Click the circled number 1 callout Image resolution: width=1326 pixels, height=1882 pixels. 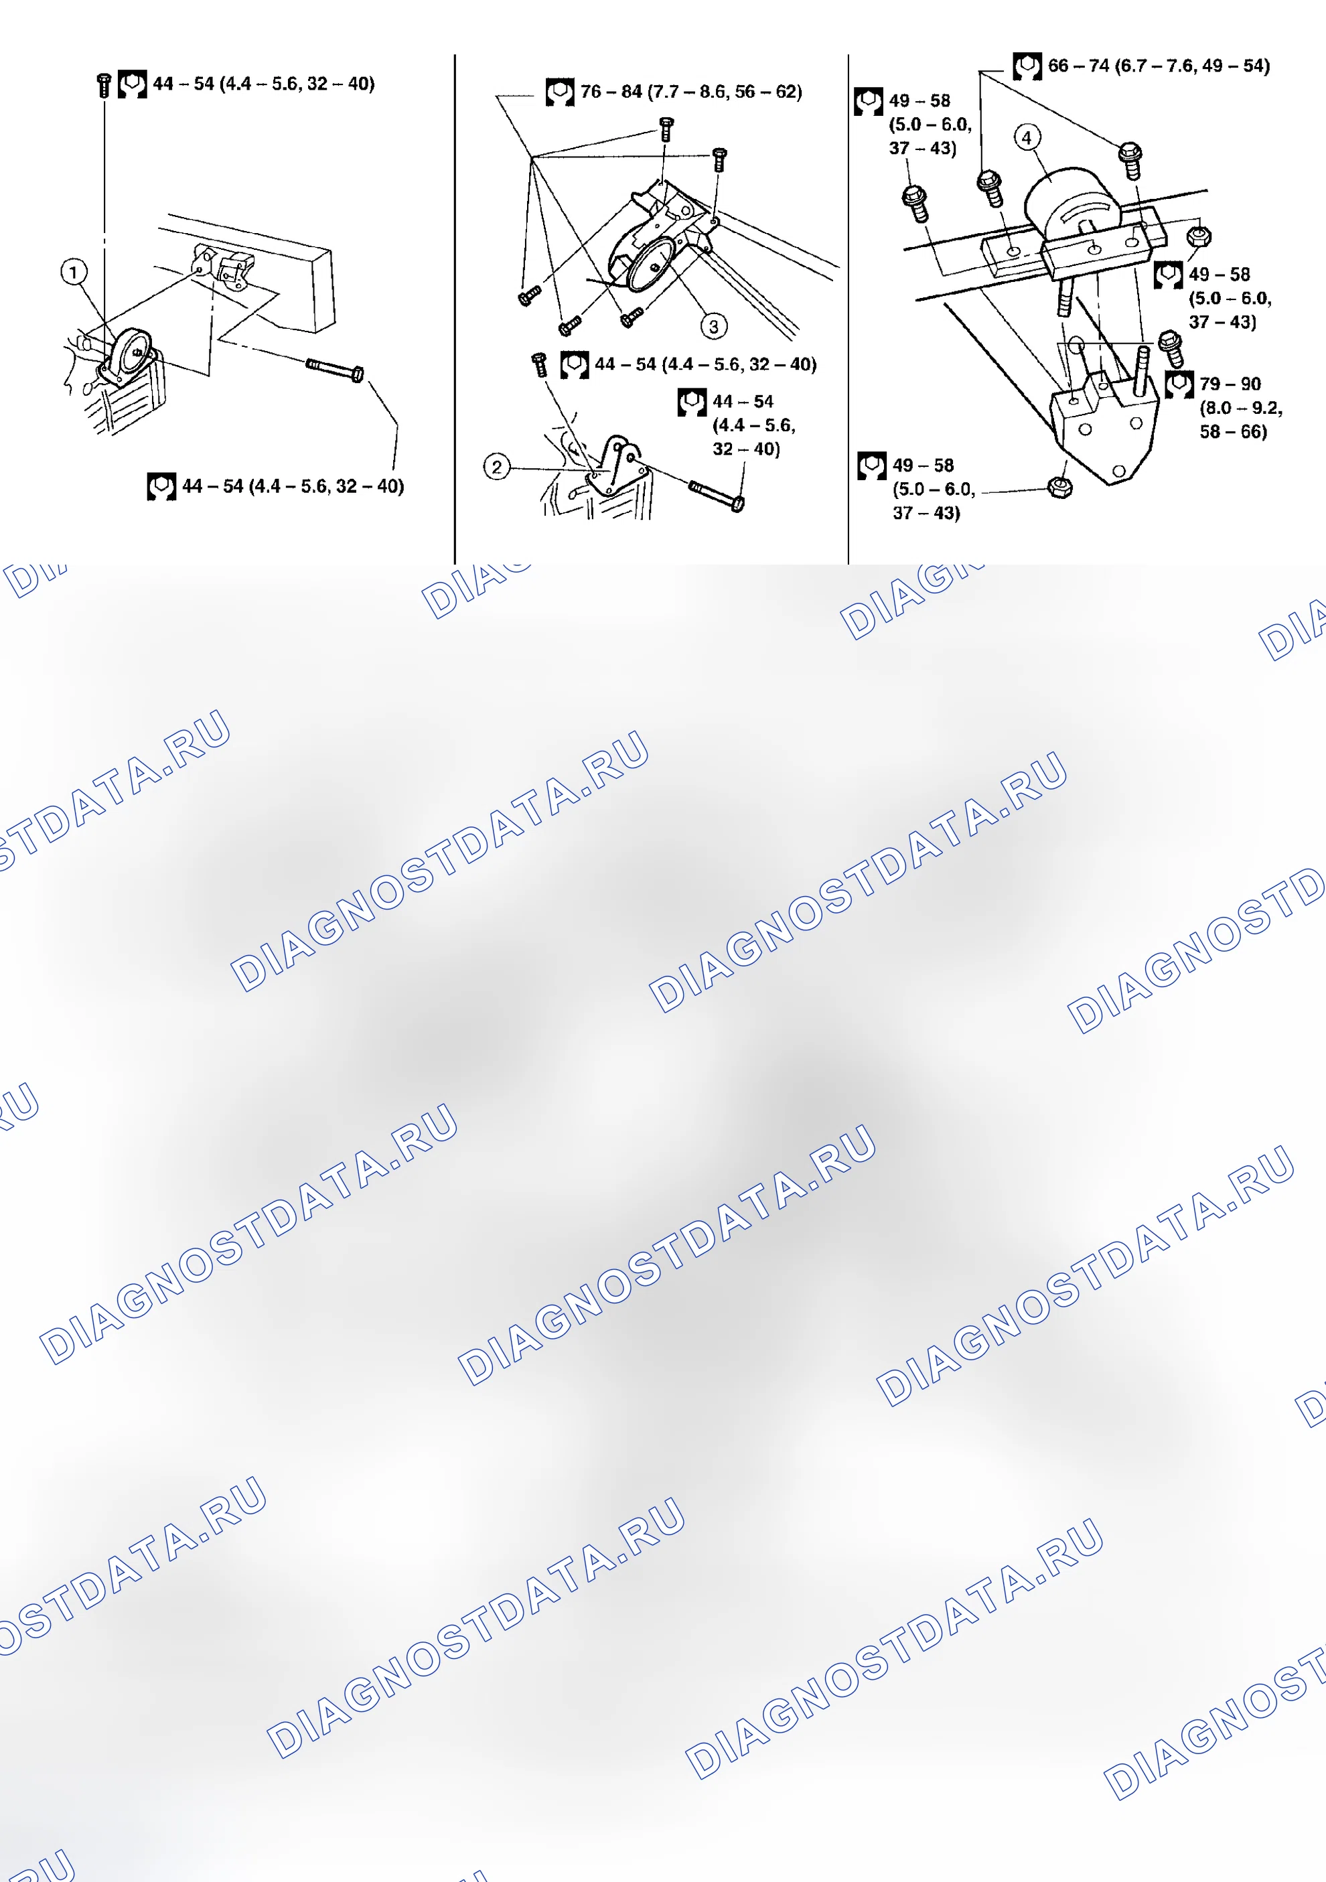(74, 272)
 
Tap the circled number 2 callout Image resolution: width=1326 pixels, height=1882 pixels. (496, 467)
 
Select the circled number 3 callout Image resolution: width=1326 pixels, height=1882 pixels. (714, 326)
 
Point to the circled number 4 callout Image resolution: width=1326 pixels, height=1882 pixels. (1027, 138)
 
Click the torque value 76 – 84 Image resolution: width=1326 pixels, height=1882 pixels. (611, 92)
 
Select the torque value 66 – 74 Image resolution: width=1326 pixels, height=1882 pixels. (1078, 66)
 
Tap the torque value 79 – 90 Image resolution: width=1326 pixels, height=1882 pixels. (1230, 384)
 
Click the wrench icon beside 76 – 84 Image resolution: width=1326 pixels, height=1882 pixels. (560, 92)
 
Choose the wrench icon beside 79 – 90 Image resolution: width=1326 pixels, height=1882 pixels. (1179, 384)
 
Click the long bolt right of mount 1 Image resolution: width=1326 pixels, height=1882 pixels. (334, 370)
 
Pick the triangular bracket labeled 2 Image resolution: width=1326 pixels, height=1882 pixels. (615, 467)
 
